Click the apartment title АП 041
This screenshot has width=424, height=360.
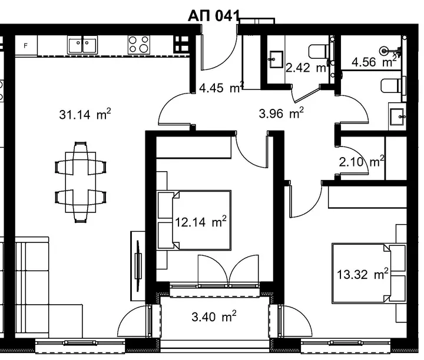pyautogui.click(x=214, y=16)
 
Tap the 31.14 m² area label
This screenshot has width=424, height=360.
pyautogui.click(x=85, y=114)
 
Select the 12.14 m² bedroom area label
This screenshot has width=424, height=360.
pyautogui.click(x=201, y=222)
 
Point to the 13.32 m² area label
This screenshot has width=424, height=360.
pyautogui.click(x=363, y=274)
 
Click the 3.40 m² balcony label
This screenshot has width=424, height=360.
pyautogui.click(x=214, y=316)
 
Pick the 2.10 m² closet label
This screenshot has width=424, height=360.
pyautogui.click(x=362, y=162)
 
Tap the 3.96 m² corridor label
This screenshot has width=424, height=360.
pyautogui.click(x=281, y=113)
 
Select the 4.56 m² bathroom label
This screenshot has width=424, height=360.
pyautogui.click(x=375, y=62)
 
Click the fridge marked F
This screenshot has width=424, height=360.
pyautogui.click(x=26, y=46)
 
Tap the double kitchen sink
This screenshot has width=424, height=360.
pyautogui.click(x=82, y=45)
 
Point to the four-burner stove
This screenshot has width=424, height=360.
pyautogui.click(x=139, y=45)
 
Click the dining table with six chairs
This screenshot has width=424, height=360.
pyautogui.click(x=81, y=182)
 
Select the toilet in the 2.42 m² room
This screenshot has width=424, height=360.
pyautogui.click(x=319, y=51)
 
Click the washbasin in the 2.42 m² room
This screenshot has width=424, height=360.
pyautogui.click(x=276, y=59)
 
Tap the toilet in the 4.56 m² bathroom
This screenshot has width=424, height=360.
pyautogui.click(x=393, y=85)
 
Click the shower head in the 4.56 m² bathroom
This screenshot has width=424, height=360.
pyautogui.click(x=384, y=51)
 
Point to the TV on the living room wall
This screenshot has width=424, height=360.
pyautogui.click(x=138, y=266)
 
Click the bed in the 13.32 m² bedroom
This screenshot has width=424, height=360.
pyautogui.click(x=369, y=273)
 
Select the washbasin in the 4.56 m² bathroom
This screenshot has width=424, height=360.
pyautogui.click(x=397, y=116)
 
